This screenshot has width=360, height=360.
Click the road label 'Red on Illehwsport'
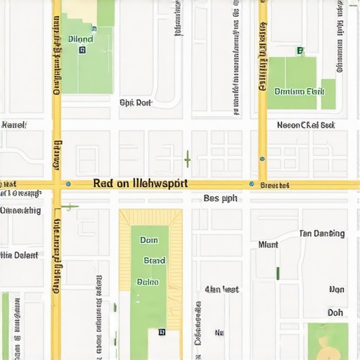(x=141, y=184)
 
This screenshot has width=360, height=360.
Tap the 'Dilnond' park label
(x=82, y=39)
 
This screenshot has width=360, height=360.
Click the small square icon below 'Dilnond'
(x=82, y=51)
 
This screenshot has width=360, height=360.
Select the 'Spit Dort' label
(x=136, y=103)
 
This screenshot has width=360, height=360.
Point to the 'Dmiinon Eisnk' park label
(x=299, y=91)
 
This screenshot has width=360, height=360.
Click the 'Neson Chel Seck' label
(x=306, y=125)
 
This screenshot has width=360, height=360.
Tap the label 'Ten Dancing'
(x=322, y=233)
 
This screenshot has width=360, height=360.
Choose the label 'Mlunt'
(x=268, y=245)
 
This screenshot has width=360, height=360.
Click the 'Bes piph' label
(x=220, y=198)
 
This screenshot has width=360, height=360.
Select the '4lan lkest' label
(x=221, y=289)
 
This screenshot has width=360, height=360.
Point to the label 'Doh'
(x=335, y=313)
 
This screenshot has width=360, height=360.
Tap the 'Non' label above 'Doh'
(x=337, y=290)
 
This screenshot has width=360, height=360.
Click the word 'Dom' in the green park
(x=149, y=240)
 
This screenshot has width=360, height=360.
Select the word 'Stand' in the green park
(x=154, y=260)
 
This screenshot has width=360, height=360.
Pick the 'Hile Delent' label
(x=20, y=255)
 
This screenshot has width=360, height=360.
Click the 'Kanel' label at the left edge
(x=13, y=125)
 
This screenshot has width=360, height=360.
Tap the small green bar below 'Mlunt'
(x=278, y=273)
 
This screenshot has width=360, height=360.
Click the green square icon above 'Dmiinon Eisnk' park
(x=300, y=51)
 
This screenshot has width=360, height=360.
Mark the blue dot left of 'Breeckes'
(x=251, y=184)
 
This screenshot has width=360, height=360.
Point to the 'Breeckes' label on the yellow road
(x=274, y=186)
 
